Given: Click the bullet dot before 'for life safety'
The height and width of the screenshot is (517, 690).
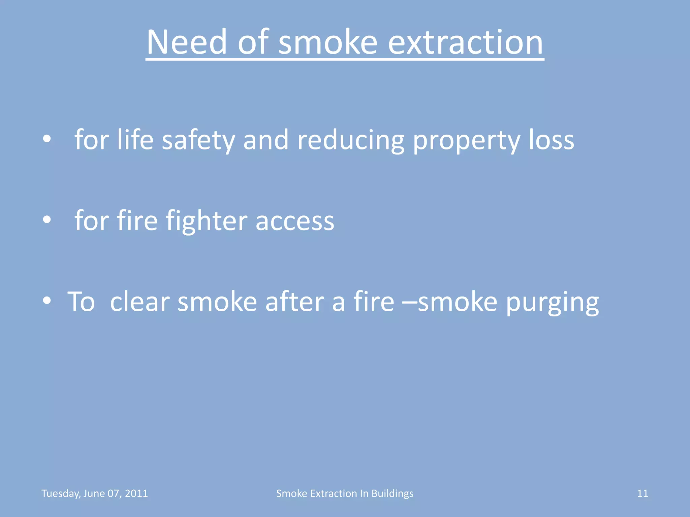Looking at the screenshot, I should coord(47,139).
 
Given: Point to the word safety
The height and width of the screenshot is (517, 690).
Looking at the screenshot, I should coord(198,140).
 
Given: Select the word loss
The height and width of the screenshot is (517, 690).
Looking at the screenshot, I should coord(551,140).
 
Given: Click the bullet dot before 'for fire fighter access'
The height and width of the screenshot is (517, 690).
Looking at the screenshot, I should coord(47,220).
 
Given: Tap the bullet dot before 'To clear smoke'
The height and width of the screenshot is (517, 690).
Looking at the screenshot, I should coord(47,301).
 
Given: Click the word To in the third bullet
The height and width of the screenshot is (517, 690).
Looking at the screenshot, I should coord(81,301).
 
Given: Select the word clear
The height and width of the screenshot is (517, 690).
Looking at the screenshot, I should coord(139,301).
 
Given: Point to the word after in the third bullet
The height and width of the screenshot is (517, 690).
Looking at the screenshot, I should coord(294,301).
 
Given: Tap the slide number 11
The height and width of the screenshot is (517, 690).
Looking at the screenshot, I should coord(642,493).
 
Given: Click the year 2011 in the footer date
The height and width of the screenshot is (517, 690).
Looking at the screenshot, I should coord(136,493).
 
